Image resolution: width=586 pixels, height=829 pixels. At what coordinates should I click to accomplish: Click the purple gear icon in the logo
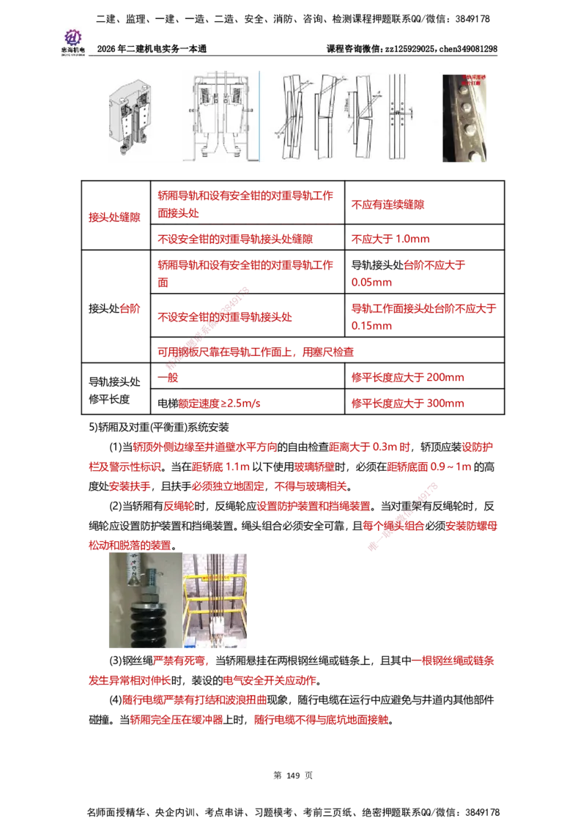click(x=73, y=36)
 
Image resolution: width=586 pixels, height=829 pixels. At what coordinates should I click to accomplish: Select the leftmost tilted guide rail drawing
click(x=287, y=117)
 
